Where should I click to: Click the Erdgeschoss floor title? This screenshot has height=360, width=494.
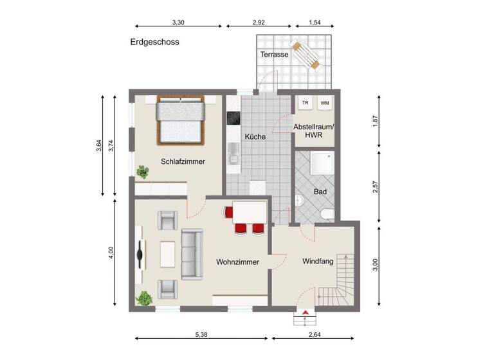click(154, 42)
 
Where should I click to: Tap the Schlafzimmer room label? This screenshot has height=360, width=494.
click(183, 162)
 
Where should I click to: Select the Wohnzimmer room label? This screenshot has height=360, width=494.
click(237, 262)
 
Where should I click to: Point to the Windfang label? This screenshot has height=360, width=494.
click(318, 262)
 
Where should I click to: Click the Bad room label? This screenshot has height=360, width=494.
click(320, 192)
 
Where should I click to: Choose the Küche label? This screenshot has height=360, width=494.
click(255, 137)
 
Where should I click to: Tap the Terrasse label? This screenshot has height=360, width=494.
click(274, 55)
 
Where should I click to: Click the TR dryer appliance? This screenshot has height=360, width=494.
click(306, 103)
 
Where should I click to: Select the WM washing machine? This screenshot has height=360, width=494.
click(325, 103)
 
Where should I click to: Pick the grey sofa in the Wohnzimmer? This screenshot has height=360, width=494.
click(192, 254)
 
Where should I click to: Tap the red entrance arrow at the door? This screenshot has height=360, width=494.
click(306, 312)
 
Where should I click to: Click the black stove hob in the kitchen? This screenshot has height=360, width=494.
click(232, 118)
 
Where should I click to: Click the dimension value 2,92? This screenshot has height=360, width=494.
click(259, 22)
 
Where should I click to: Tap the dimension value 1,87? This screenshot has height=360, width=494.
click(376, 122)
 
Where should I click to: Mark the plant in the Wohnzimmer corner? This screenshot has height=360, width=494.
click(145, 298)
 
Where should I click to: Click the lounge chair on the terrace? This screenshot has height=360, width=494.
click(307, 55)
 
